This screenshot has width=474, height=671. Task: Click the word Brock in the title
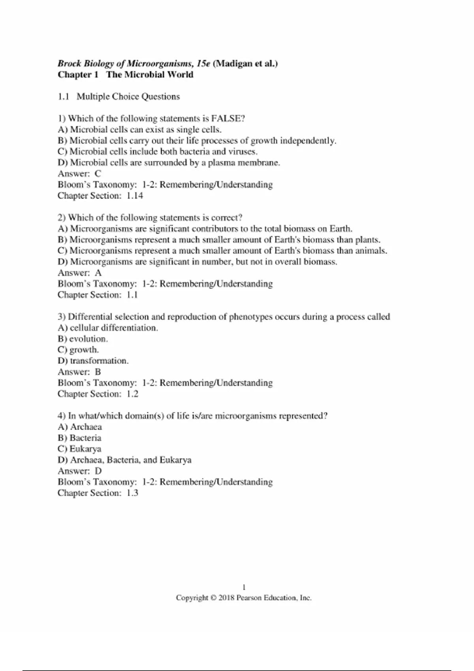click(70, 64)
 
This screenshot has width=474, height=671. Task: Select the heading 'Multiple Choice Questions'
click(128, 97)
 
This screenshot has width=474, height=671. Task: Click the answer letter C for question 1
click(98, 174)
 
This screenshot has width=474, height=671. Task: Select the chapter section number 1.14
click(135, 196)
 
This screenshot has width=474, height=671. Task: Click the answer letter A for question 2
click(98, 273)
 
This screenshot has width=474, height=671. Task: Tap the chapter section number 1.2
click(132, 394)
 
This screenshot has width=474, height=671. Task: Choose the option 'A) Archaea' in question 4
click(80, 427)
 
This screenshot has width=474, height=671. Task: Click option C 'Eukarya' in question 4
click(79, 449)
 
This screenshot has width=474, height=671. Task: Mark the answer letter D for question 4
click(98, 471)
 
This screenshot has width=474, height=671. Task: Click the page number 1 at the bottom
click(244, 587)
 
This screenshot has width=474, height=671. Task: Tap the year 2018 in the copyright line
click(226, 598)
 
